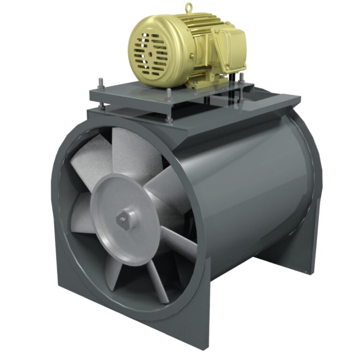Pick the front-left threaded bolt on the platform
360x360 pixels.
pyautogui.click(x=102, y=87)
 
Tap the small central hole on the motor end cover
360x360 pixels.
pyautogui.click(x=149, y=53)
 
